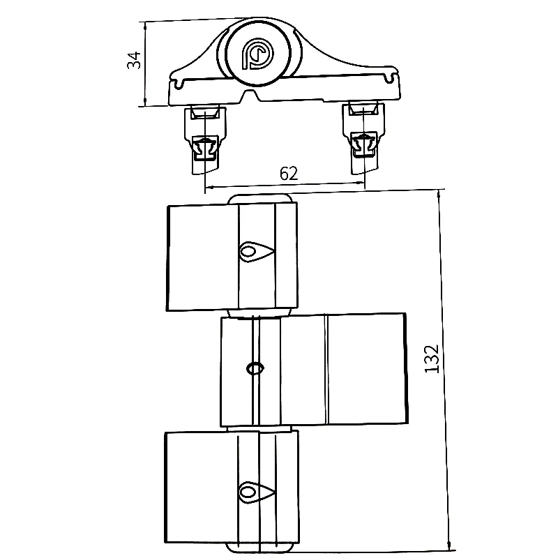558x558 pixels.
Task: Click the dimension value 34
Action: (x=134, y=61)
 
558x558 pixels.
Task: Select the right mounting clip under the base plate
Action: (x=363, y=137)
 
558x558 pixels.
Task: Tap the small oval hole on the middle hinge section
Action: (x=255, y=367)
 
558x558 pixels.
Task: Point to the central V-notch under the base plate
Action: (x=248, y=96)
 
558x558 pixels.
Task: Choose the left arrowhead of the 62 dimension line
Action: (x=207, y=186)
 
